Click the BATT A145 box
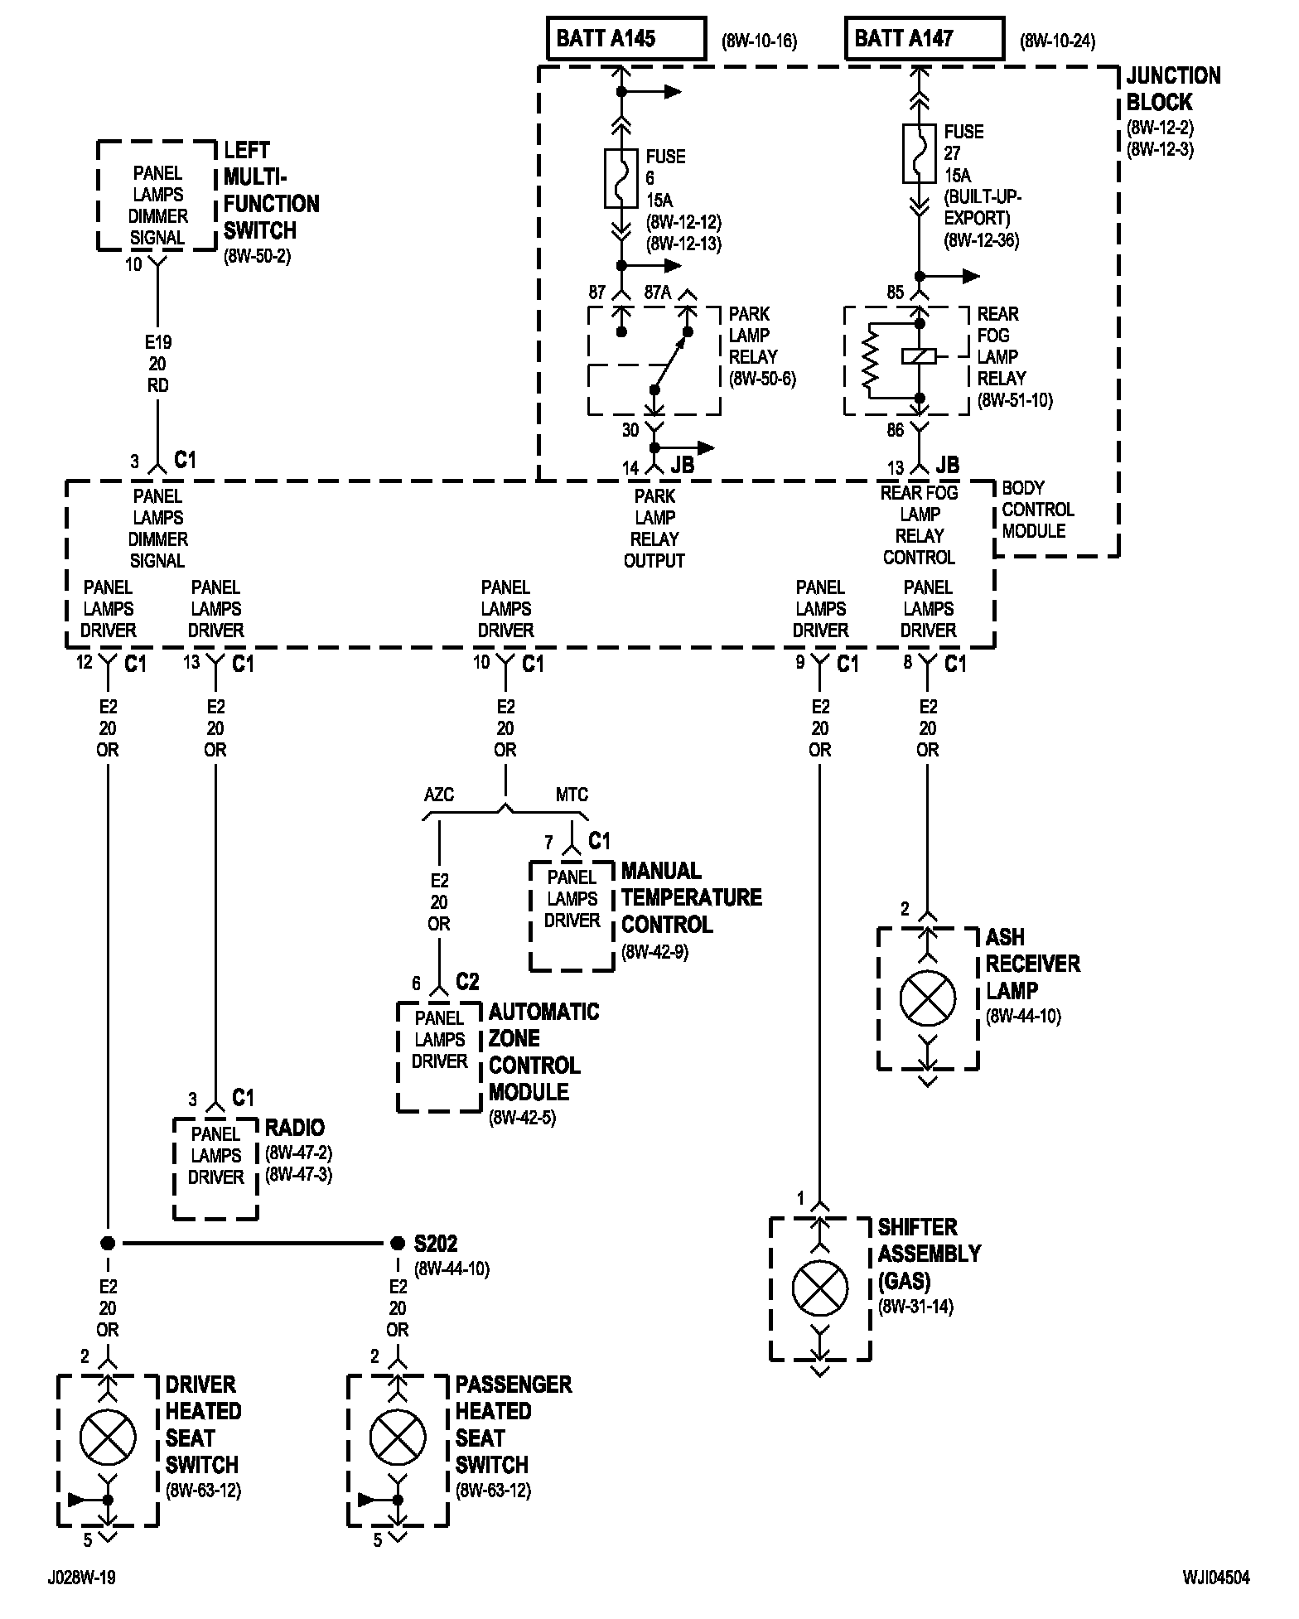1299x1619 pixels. (x=626, y=38)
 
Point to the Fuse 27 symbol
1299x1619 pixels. (x=919, y=153)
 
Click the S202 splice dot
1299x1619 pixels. (x=397, y=1243)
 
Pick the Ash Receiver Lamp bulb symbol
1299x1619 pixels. (x=928, y=998)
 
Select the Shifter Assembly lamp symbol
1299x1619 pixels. (x=820, y=1288)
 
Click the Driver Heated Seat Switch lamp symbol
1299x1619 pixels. (x=108, y=1438)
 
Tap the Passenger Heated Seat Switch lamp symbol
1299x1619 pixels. (x=398, y=1438)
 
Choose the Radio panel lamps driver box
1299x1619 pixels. (x=215, y=1168)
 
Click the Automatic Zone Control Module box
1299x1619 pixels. (x=439, y=1056)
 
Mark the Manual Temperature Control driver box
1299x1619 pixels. (x=572, y=916)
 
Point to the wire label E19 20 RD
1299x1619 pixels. (x=157, y=364)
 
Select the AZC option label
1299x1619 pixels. (x=439, y=795)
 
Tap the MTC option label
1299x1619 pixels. (x=572, y=795)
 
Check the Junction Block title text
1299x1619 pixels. (x=1173, y=89)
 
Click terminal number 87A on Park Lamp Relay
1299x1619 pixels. (x=659, y=292)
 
